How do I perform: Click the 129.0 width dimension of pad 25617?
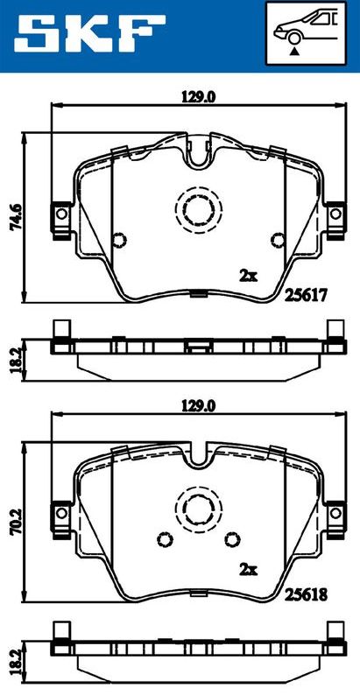[x=198, y=97]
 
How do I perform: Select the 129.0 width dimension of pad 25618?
[x=198, y=406]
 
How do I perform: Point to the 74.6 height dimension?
[x=17, y=216]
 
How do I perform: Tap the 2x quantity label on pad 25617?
[x=248, y=276]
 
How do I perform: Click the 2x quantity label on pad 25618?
[x=248, y=569]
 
